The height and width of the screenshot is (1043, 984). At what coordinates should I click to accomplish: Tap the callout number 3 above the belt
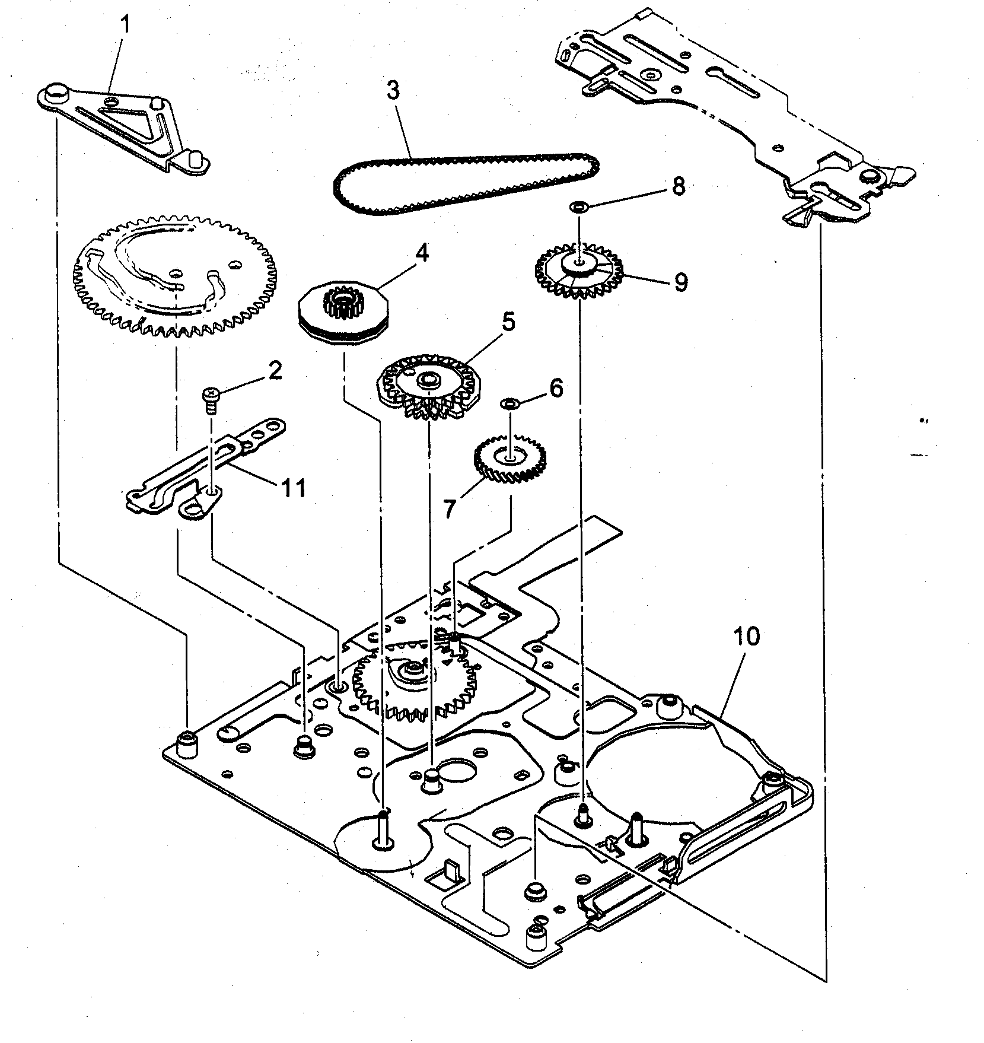pyautogui.click(x=392, y=91)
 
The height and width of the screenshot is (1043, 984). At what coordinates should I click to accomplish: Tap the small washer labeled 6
pyautogui.click(x=510, y=404)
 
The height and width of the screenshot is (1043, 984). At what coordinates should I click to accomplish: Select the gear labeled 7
pyautogui.click(x=510, y=460)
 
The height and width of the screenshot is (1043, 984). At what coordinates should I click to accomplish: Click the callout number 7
pyautogui.click(x=450, y=508)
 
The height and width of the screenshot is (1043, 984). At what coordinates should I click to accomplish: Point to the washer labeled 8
pyautogui.click(x=578, y=207)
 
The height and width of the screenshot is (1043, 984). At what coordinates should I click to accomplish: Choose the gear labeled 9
pyautogui.click(x=578, y=271)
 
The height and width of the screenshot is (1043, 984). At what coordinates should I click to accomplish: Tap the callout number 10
pyautogui.click(x=746, y=638)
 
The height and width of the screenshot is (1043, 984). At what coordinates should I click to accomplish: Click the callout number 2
pyautogui.click(x=274, y=372)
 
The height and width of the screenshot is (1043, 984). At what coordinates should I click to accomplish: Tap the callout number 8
pyautogui.click(x=679, y=186)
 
